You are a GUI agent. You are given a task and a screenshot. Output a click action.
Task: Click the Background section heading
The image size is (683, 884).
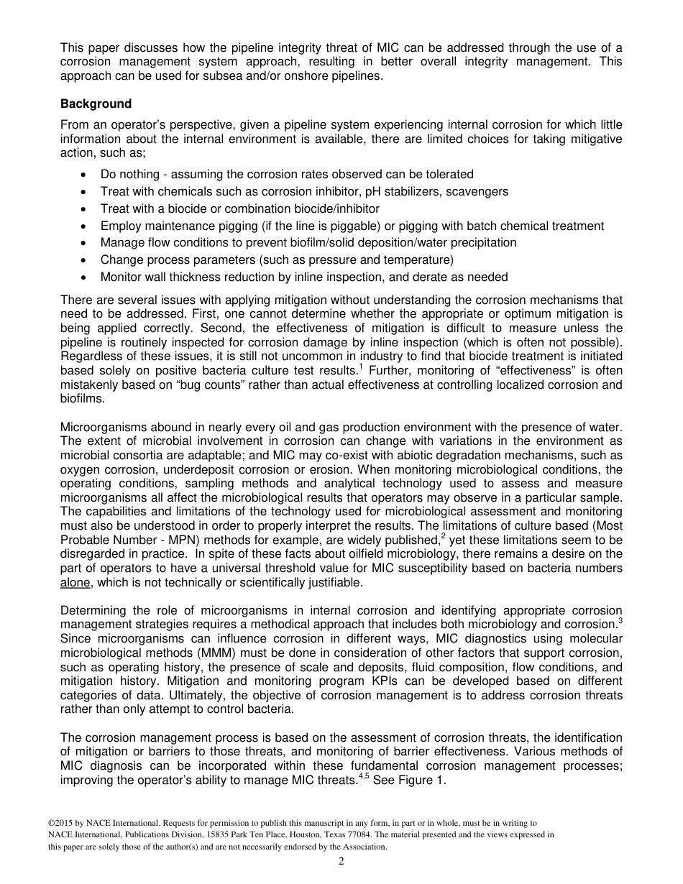(96, 103)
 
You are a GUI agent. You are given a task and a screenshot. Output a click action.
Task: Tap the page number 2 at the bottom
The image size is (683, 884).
(341, 861)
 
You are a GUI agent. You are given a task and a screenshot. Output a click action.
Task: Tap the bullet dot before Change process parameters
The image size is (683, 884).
(86, 260)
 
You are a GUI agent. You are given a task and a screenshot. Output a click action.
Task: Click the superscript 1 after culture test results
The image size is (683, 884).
(360, 367)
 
